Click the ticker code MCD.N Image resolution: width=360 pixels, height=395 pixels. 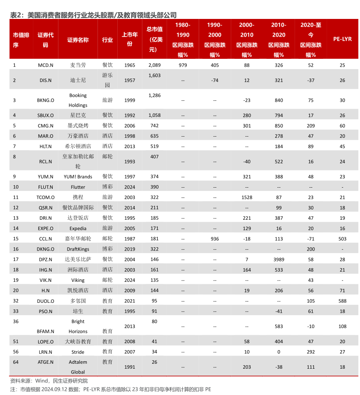click(x=45, y=65)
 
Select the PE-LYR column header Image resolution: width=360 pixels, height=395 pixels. click(x=342, y=39)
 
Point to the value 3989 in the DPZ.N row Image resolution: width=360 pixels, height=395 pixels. click(x=279, y=260)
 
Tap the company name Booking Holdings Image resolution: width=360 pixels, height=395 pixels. click(x=78, y=100)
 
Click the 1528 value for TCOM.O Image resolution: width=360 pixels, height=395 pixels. click(x=246, y=197)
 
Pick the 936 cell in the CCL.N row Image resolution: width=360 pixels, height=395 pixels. click(x=214, y=239)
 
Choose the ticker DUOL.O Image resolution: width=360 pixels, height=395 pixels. click(x=45, y=301)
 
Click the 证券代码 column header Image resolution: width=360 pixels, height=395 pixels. click(x=45, y=39)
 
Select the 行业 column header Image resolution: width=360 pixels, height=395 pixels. click(x=107, y=39)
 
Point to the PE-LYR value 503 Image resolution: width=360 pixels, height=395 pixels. click(x=342, y=239)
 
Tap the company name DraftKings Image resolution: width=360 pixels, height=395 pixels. click(x=78, y=249)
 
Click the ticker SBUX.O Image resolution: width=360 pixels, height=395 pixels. click(x=45, y=115)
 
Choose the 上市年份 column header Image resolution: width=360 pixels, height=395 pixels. click(x=130, y=39)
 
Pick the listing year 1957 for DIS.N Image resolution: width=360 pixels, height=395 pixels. click(x=130, y=80)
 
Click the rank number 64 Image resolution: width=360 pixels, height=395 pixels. click(x=15, y=362)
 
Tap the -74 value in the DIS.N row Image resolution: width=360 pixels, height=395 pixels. click(x=214, y=80)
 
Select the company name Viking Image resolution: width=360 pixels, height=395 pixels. click(x=78, y=280)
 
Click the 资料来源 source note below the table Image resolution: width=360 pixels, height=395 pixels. click(x=49, y=381)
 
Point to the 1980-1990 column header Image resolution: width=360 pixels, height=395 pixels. click(x=183, y=39)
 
